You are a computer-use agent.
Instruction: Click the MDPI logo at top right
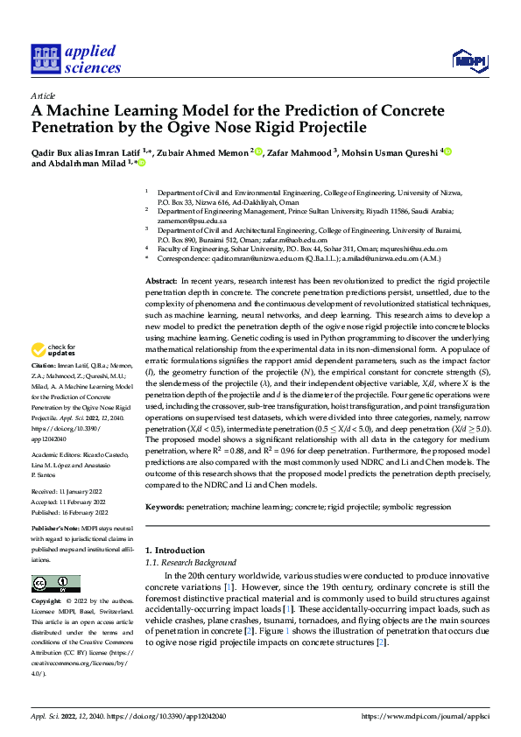(x=468, y=59)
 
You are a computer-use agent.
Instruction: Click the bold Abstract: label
(x=161, y=277)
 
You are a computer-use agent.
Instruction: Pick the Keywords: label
(x=165, y=507)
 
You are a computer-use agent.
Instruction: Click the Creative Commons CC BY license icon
(x=51, y=583)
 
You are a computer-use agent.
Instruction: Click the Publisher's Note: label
(x=55, y=530)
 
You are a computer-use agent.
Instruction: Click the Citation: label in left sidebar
(x=44, y=388)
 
